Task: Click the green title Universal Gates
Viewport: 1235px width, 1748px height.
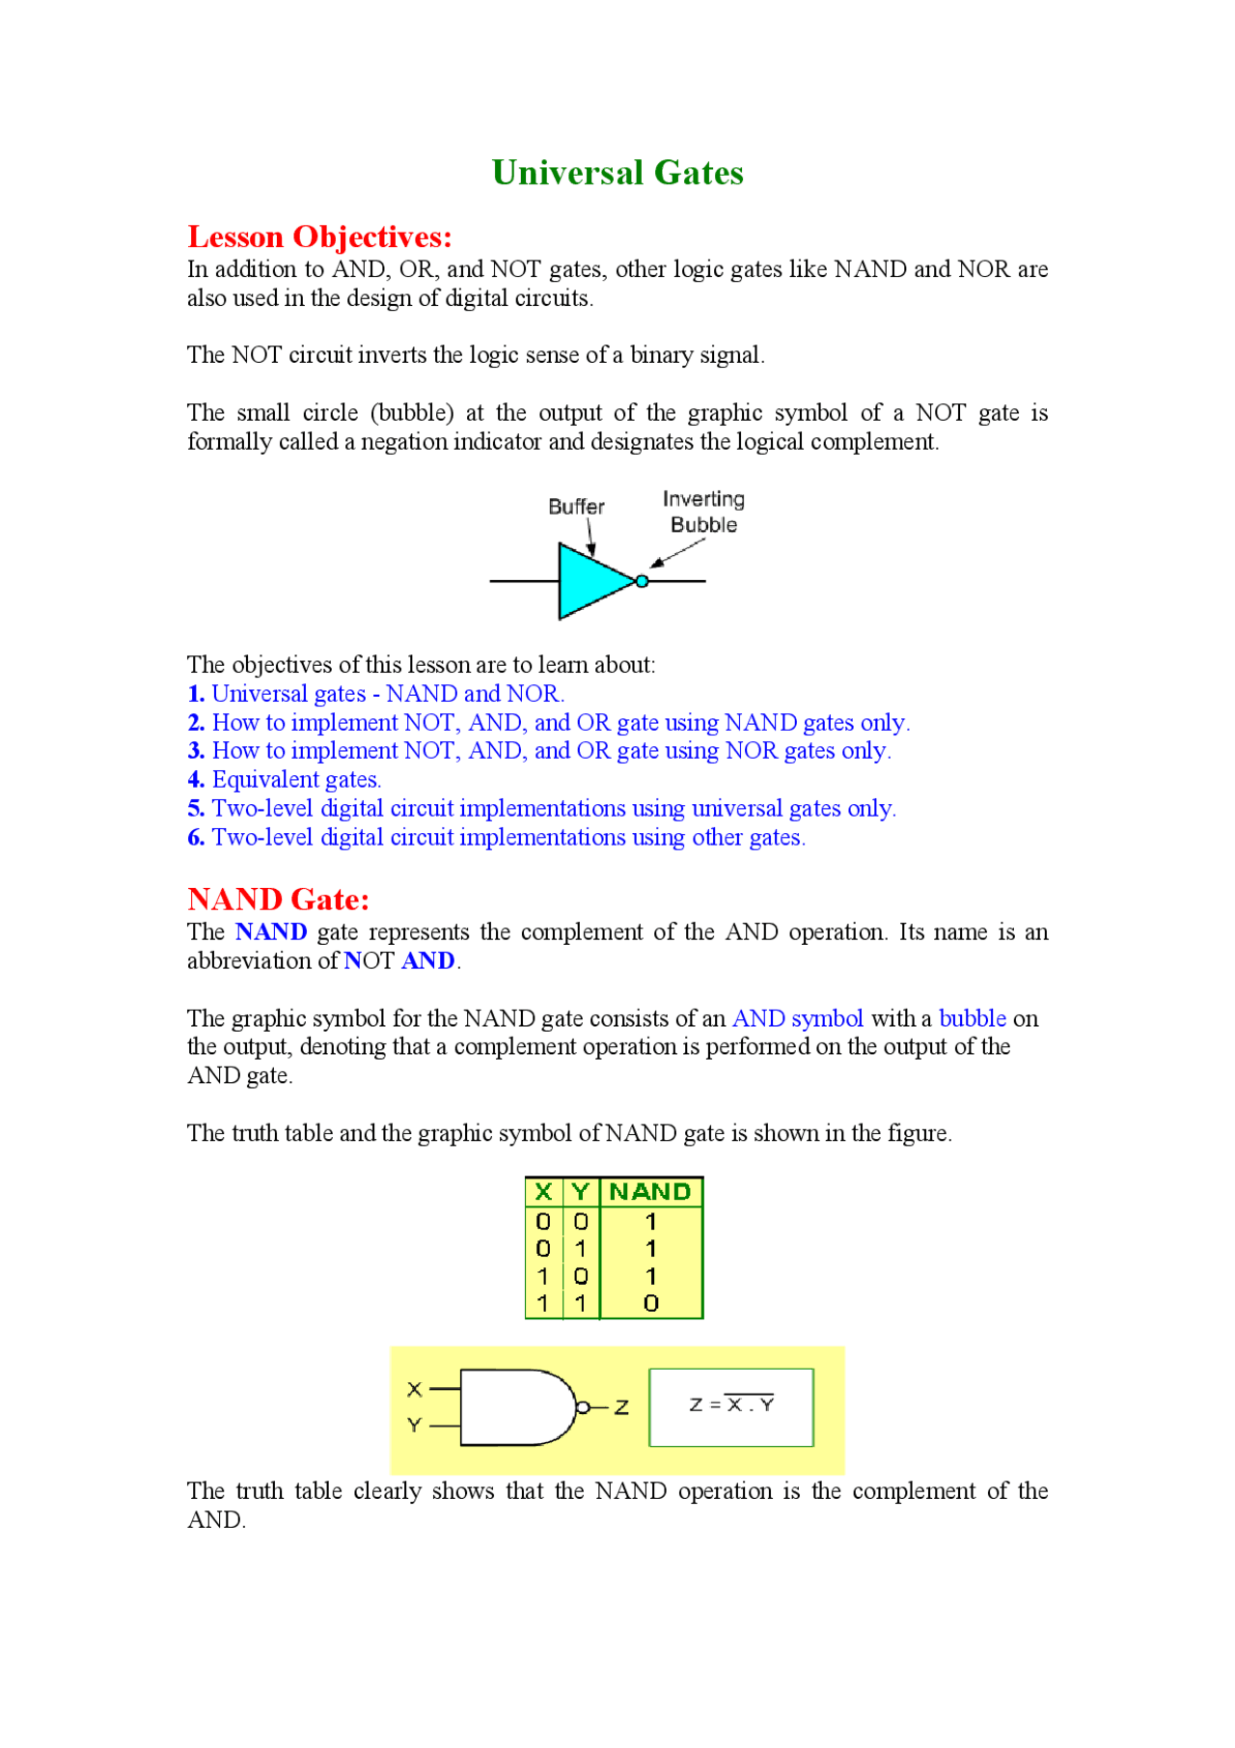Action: [617, 173]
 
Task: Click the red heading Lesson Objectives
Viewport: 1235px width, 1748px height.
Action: [319, 236]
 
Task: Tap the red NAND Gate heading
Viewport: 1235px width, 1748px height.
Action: [278, 899]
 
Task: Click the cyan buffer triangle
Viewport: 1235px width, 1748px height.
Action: [590, 581]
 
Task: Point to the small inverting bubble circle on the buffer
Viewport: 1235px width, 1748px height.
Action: [642, 581]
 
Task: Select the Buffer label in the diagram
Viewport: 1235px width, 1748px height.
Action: [576, 507]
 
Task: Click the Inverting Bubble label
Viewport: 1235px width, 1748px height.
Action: [703, 512]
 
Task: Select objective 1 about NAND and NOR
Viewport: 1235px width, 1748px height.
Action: [376, 693]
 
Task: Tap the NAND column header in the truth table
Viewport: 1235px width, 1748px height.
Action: [650, 1192]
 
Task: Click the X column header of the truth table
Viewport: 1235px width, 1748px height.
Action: [543, 1192]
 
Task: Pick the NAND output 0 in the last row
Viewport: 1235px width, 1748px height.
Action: [651, 1303]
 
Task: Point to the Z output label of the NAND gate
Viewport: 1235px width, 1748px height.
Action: [622, 1407]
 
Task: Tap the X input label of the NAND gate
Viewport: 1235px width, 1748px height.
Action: [415, 1389]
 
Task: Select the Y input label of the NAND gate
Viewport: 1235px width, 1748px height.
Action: [415, 1426]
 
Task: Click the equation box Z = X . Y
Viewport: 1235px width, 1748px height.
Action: [731, 1406]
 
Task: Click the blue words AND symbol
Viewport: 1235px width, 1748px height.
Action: [798, 1018]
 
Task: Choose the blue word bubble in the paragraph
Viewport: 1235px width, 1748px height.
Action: [973, 1018]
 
